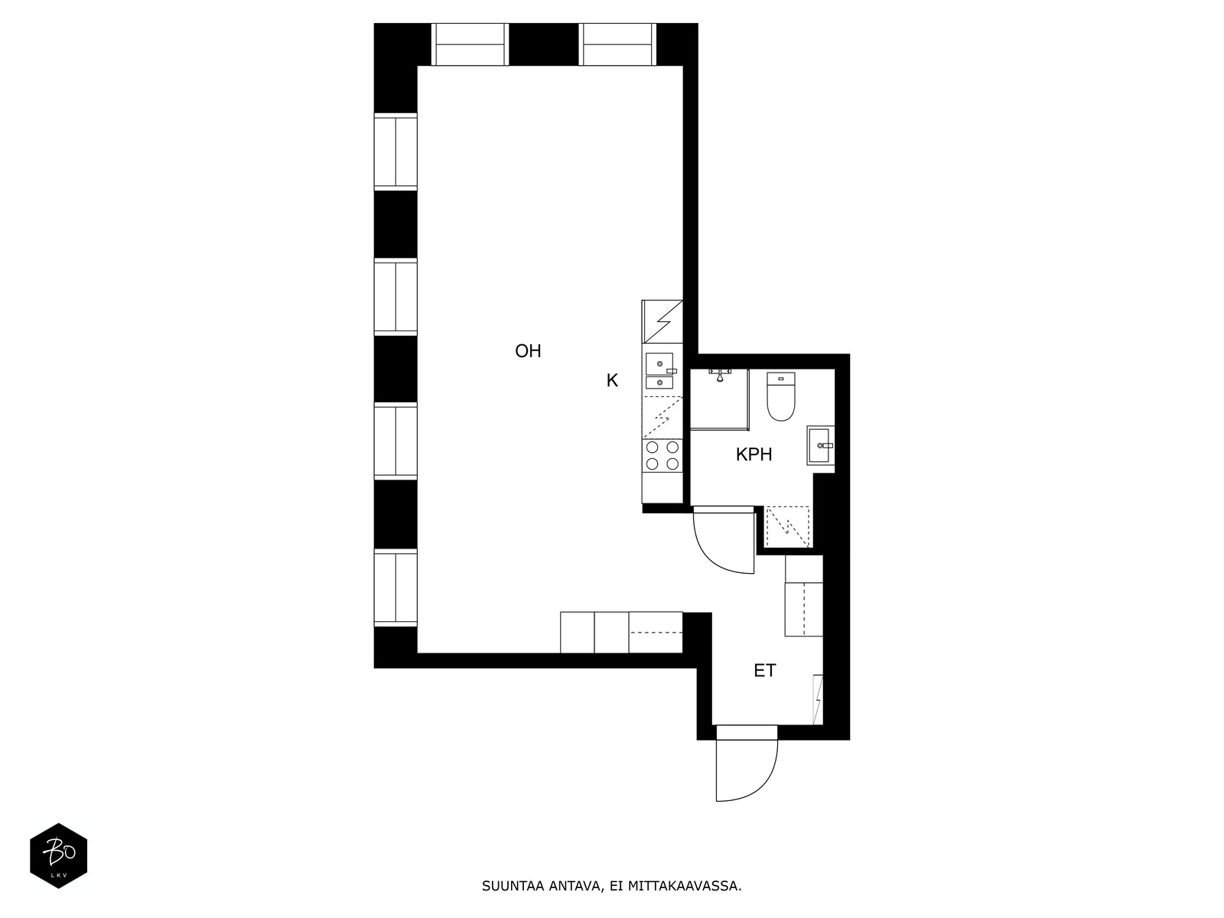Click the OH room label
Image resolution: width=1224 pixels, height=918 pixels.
tap(528, 351)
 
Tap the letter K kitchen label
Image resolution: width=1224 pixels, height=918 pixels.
tap(612, 381)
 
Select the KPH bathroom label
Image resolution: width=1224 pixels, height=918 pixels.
tap(754, 455)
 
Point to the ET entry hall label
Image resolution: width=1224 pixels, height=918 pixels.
tap(764, 671)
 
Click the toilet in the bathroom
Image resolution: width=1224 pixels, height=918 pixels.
tap(781, 396)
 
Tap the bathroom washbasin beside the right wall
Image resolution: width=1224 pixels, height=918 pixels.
tap(821, 445)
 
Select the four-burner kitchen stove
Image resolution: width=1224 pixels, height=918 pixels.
tap(662, 455)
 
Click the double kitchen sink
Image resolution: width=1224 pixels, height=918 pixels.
tap(659, 371)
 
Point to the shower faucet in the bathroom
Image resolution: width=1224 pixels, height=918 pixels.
tap(721, 374)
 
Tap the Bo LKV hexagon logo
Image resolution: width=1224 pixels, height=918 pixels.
tap(59, 855)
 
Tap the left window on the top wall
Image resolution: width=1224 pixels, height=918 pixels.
tap(470, 44)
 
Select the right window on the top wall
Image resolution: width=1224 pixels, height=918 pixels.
tap(617, 44)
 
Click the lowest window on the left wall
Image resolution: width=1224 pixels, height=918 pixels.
tap(396, 588)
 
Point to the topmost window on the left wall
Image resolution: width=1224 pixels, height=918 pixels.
tap(396, 151)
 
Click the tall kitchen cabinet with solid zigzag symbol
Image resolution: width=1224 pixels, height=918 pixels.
tap(662, 321)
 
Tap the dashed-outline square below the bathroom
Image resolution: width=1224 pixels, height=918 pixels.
tap(787, 527)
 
